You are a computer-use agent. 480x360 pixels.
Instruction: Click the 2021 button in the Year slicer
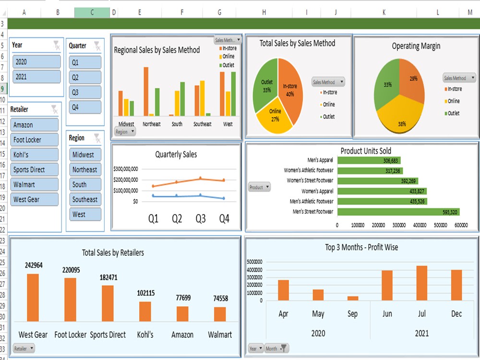37,77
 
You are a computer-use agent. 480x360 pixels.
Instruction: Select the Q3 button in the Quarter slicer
85,92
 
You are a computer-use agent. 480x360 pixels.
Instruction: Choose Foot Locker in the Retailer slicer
34,140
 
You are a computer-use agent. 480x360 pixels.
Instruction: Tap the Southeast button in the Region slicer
85,199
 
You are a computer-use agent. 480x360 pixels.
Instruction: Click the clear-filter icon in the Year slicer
57,45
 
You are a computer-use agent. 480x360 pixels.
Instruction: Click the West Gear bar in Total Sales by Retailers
33,297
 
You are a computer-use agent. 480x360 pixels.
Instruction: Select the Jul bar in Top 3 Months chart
421,283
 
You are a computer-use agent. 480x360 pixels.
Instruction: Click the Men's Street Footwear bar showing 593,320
398,212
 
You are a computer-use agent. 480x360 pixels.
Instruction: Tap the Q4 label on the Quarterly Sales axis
224,219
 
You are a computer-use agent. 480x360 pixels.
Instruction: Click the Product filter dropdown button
260,187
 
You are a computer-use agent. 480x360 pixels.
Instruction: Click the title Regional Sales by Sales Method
156,50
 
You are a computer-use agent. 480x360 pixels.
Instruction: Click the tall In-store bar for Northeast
146,91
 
